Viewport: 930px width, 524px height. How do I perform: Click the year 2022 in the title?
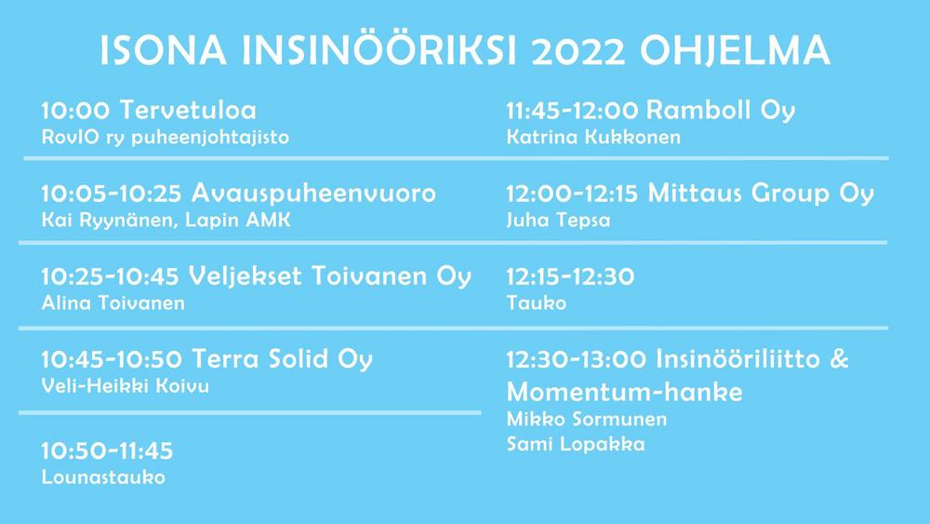(578, 50)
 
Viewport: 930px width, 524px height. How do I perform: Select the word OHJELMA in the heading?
(735, 50)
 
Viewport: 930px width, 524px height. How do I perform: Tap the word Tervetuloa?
(188, 111)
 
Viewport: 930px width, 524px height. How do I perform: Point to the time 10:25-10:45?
(111, 276)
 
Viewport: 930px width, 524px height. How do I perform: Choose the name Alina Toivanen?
(113, 303)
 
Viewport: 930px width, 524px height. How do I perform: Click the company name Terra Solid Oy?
(283, 359)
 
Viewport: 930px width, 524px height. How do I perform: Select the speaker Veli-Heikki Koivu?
(126, 386)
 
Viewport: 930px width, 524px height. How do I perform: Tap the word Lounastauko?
(103, 477)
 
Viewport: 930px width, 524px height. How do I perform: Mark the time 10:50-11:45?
(107, 451)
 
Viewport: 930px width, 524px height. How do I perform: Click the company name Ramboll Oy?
(721, 111)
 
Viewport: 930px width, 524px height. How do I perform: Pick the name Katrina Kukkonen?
(593, 137)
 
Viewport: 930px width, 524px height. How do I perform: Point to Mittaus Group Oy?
(761, 194)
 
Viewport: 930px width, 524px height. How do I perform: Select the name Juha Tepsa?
(558, 221)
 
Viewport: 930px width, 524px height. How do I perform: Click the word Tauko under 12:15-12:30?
(537, 303)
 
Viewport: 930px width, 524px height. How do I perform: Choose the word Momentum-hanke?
(625, 392)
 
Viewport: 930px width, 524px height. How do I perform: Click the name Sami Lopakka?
(576, 444)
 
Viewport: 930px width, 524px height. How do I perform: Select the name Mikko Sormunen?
(587, 419)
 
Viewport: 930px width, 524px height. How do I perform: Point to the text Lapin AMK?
(238, 221)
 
